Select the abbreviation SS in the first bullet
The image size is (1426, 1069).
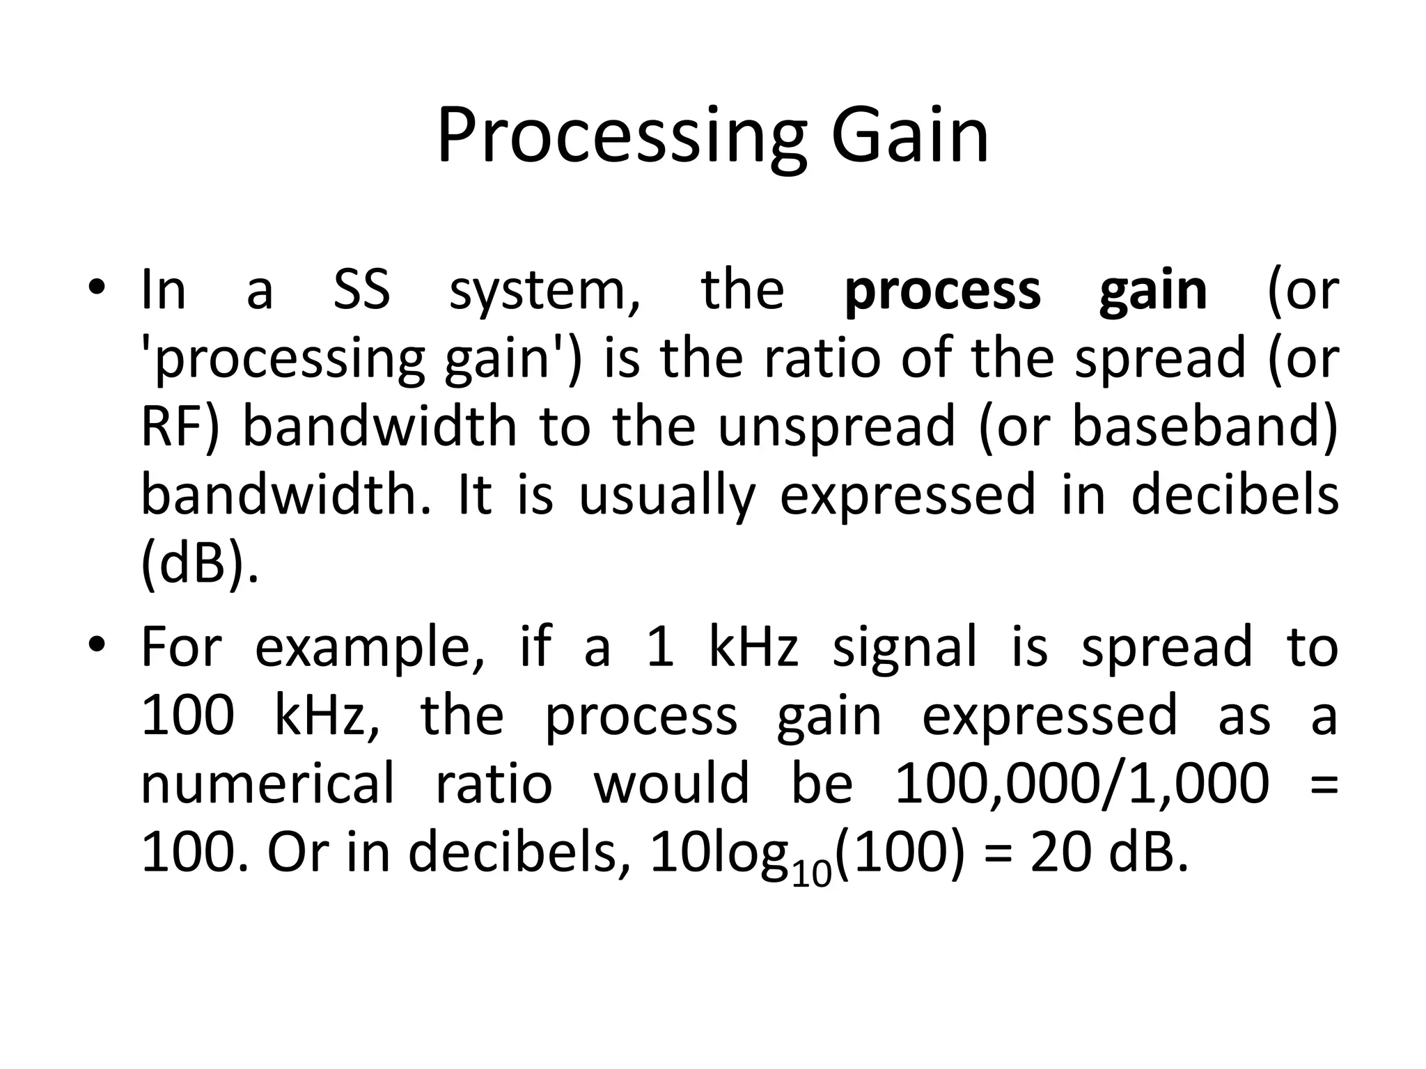tap(361, 290)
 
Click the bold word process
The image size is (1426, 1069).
tap(943, 291)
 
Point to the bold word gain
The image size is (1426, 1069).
tap(1153, 291)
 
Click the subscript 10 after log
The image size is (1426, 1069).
tap(812, 875)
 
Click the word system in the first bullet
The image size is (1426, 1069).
tap(544, 291)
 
